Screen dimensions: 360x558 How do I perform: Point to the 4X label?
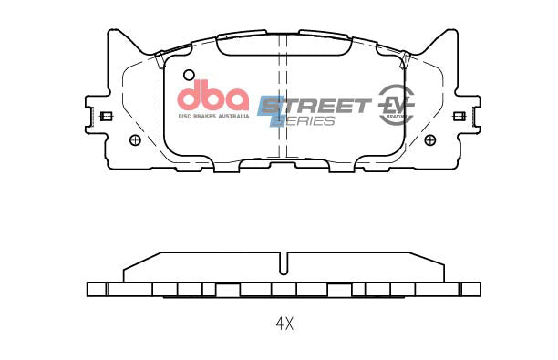click(285, 324)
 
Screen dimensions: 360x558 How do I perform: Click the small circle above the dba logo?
click(189, 76)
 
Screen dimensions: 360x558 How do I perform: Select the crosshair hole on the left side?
click(136, 139)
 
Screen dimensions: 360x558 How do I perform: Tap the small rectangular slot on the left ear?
click(105, 116)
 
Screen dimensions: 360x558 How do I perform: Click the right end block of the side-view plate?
click(470, 289)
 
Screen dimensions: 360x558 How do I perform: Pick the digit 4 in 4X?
click(280, 324)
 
